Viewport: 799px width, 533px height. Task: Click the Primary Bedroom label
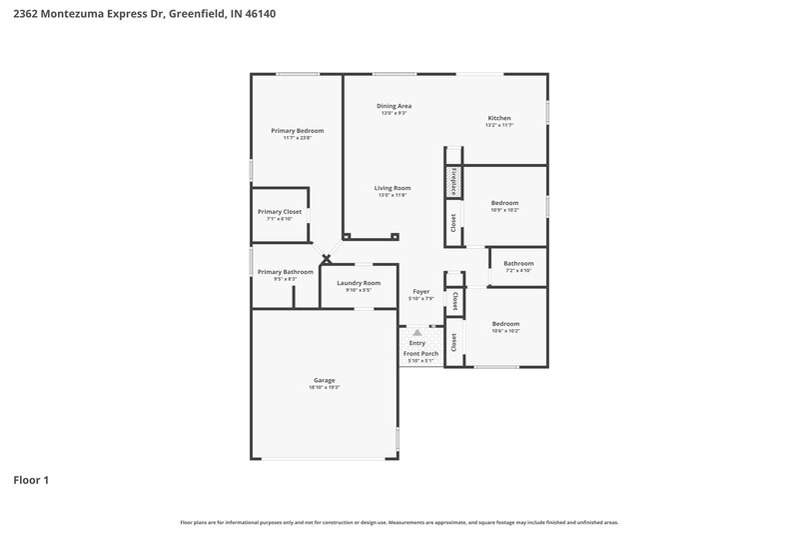298,131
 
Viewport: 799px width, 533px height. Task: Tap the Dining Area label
394,106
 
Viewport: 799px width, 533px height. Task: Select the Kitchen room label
498,118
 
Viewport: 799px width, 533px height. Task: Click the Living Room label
393,188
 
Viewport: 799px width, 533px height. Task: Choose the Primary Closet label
280,212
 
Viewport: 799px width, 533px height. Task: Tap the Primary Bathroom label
286,272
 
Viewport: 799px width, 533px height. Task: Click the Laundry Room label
359,283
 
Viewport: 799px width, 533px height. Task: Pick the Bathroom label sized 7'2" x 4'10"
518,264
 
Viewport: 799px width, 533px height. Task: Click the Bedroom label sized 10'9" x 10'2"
504,204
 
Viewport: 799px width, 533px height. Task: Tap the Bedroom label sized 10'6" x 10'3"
504,324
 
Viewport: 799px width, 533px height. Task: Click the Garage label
325,380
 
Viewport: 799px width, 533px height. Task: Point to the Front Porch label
420,354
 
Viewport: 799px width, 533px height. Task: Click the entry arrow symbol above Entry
417,332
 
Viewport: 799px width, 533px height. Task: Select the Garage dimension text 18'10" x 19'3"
325,387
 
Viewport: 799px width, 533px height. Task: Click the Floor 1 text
31,480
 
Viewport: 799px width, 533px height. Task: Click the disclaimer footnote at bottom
399,522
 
